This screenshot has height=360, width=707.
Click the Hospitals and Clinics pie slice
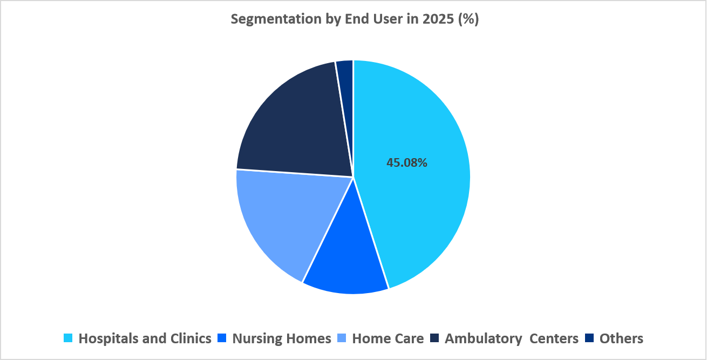(421, 205)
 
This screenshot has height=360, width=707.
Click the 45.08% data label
(406, 162)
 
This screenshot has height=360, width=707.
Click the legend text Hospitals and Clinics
(145, 338)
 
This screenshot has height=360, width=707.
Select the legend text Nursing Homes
(281, 338)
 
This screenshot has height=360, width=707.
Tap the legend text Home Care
(388, 338)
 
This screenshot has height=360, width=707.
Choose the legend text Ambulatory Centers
(511, 338)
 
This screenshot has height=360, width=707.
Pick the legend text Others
(621, 338)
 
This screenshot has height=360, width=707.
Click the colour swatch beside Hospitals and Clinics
(68, 338)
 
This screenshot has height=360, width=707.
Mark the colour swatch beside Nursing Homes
(222, 338)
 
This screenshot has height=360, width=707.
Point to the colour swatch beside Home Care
(342, 338)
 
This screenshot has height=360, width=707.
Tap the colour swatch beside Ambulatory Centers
(434, 338)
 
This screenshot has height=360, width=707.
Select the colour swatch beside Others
(589, 338)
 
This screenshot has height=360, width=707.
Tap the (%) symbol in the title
(467, 19)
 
